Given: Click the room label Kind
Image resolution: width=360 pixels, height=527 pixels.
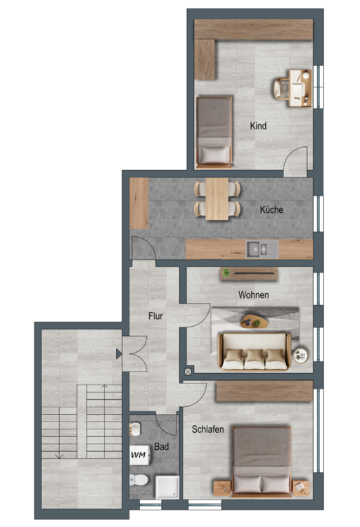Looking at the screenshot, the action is pos(258,126).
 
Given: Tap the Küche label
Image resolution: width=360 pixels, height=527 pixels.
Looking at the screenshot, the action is pos(271,209).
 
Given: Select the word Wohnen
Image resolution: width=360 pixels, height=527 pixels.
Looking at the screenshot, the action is pos(253,294).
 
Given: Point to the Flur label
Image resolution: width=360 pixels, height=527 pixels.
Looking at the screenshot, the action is pos(155,316).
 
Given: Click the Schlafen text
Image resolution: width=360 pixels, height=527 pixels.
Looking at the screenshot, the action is pos(207,429).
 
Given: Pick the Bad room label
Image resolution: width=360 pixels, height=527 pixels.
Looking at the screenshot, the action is pos(162,447).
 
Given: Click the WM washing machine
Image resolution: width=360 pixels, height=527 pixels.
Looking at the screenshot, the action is pos(139,455).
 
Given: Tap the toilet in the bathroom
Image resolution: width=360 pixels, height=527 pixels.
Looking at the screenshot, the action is pos(139,480).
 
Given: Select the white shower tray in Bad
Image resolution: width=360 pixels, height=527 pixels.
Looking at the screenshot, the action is pos(167,487).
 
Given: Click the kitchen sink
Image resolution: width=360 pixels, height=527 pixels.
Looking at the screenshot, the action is pos(262,249).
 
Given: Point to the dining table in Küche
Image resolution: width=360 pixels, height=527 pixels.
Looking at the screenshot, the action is pos(217,199).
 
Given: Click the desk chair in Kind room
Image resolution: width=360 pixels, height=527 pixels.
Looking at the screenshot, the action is pos(281,89).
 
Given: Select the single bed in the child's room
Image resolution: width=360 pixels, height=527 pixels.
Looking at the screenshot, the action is pos(214,132).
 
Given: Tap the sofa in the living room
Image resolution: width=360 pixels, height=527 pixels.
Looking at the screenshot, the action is pos(255,351).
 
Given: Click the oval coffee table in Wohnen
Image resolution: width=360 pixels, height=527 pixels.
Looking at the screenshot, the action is pos(254,321).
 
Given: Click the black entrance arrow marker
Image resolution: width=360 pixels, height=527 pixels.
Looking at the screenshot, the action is pos(119,353).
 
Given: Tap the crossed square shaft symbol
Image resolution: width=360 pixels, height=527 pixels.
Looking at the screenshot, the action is pos(188,372).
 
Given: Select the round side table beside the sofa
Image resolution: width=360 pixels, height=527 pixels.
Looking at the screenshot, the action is pos(300,356).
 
